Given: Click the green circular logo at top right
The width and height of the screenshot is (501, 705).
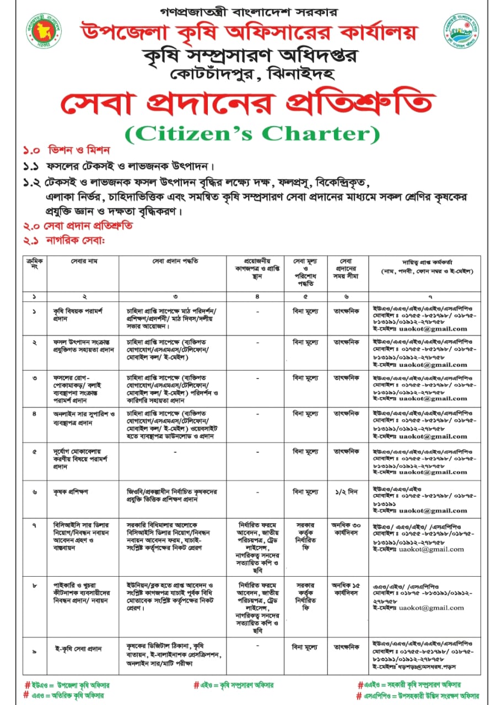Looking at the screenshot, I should click(x=461, y=31).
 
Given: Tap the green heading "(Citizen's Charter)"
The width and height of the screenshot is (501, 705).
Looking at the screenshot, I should click(x=252, y=133).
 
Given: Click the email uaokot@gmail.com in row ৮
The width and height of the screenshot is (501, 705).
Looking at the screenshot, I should click(x=432, y=608).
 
